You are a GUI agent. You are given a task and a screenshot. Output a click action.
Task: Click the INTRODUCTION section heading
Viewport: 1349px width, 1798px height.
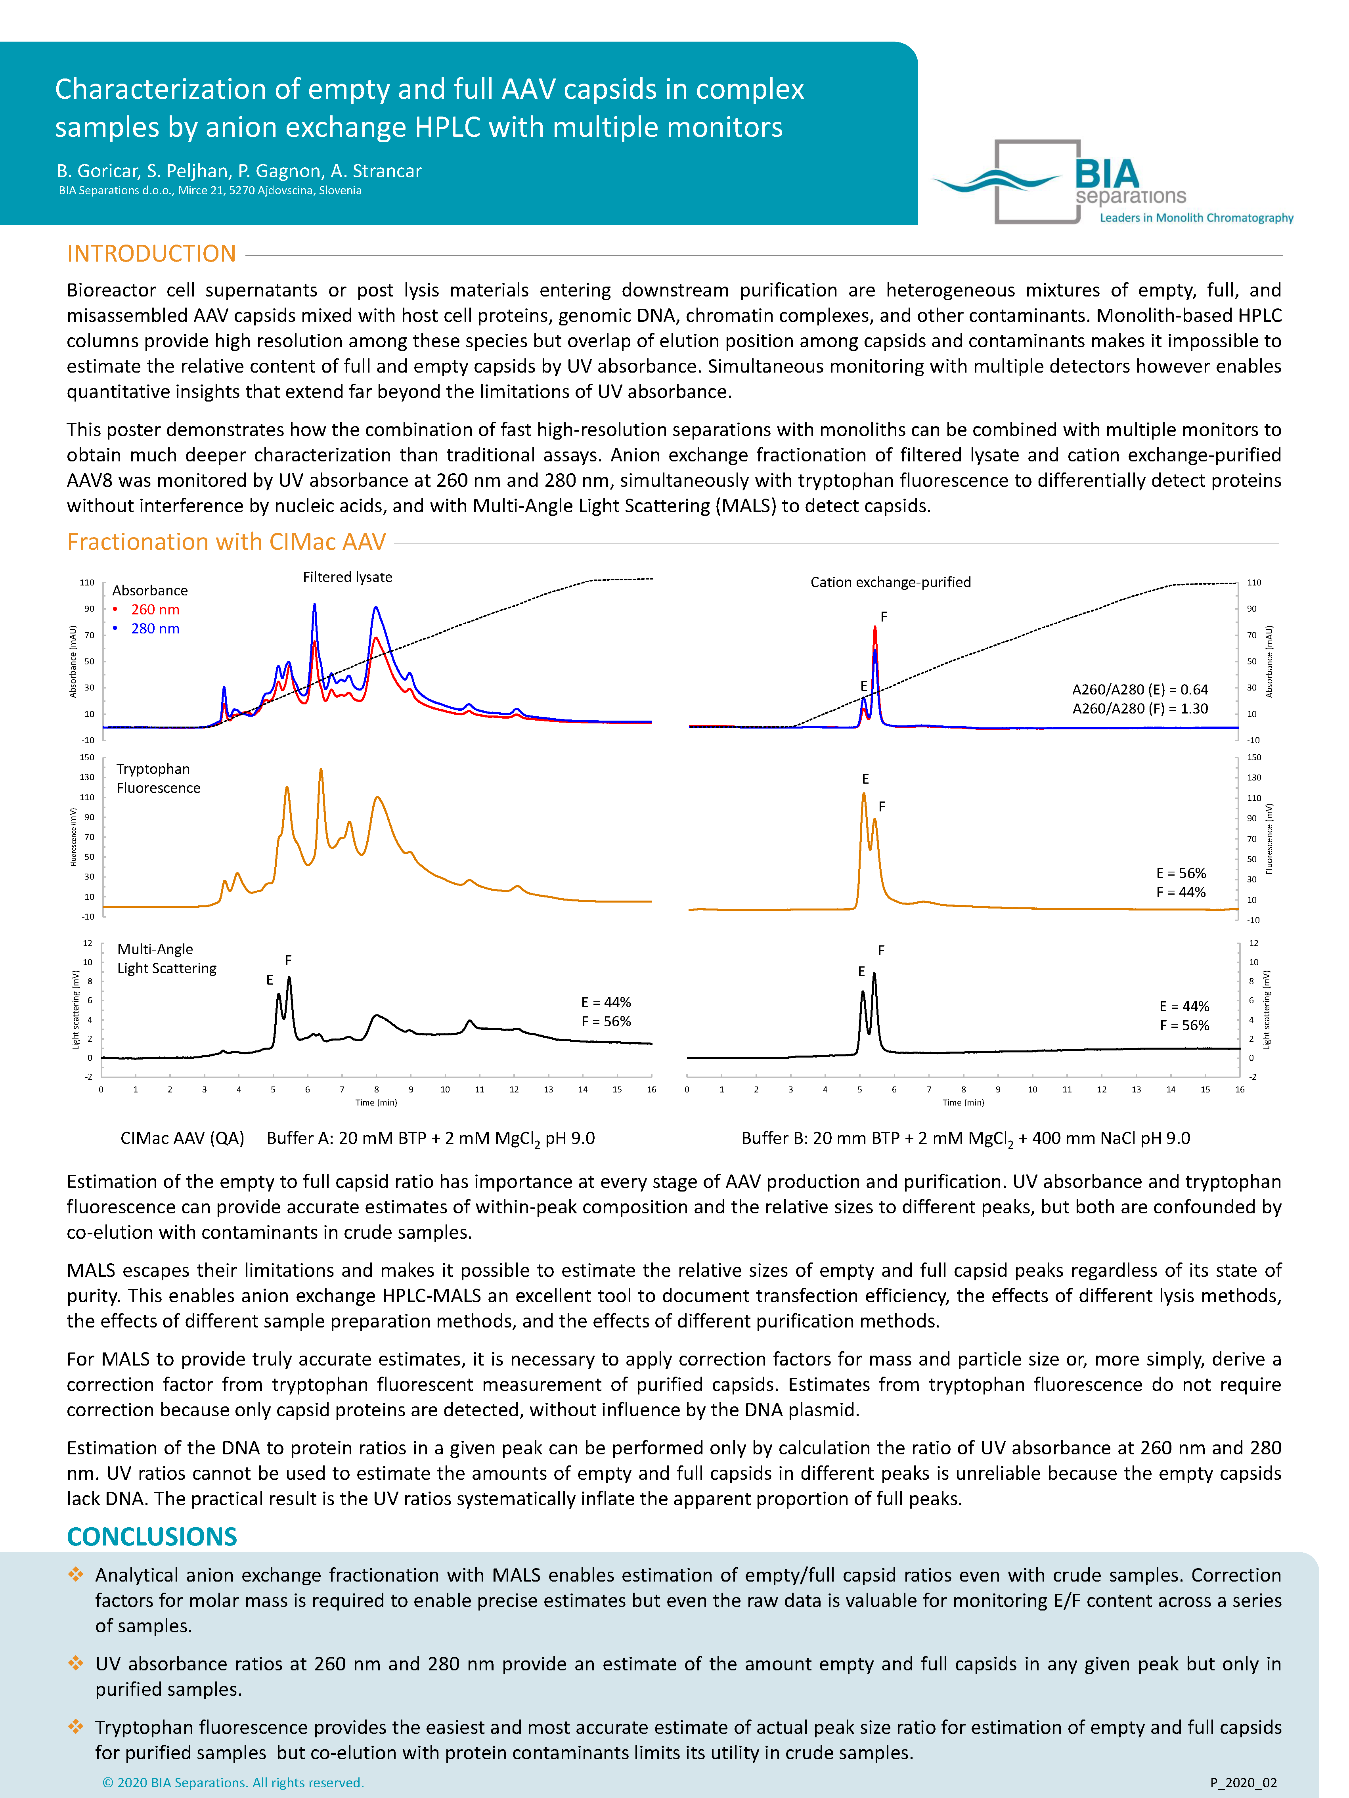[x=151, y=254]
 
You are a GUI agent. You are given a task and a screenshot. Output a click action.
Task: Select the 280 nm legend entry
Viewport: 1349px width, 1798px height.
[x=155, y=628]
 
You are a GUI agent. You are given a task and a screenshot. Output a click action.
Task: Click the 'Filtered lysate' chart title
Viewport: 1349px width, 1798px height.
[x=347, y=577]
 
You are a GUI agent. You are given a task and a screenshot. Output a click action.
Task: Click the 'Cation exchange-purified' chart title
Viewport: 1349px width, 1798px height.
[x=890, y=582]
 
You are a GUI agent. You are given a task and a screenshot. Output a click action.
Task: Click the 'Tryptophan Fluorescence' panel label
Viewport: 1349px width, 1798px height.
[x=158, y=778]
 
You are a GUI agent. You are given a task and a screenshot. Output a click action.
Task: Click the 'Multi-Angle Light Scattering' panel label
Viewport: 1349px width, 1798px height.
[x=167, y=958]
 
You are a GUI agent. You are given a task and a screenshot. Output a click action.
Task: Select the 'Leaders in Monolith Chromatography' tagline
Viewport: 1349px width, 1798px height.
[x=1196, y=218]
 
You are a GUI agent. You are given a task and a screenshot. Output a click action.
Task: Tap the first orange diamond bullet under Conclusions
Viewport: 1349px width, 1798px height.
[x=76, y=1574]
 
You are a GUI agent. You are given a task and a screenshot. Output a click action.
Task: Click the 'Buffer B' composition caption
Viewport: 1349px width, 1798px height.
[x=965, y=1138]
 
